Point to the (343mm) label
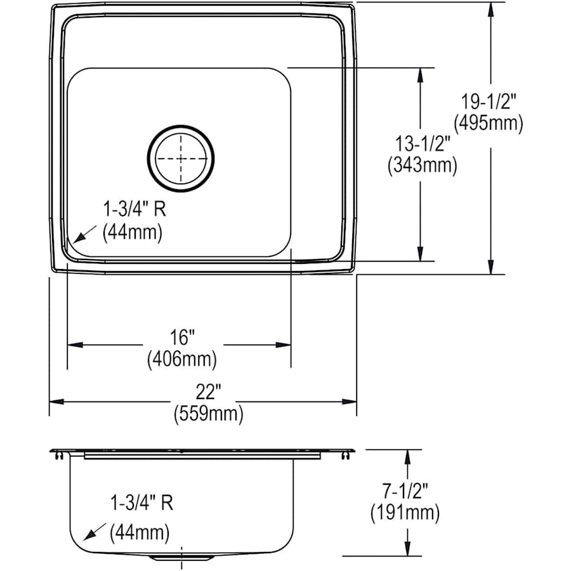point(422,166)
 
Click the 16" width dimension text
point(182,336)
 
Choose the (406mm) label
point(182,359)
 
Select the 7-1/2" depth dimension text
point(406,490)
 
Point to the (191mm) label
point(406,512)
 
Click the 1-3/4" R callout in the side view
point(140,504)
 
